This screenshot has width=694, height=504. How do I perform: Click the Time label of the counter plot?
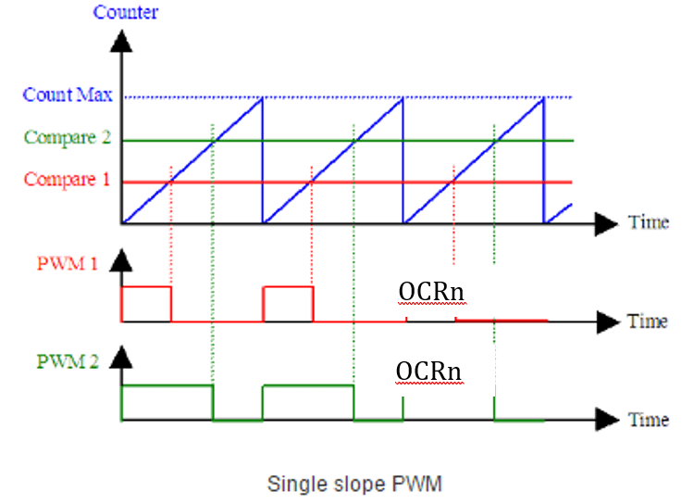[648, 222]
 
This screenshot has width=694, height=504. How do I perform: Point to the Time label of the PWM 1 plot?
[648, 321]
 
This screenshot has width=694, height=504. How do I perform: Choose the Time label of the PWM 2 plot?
[648, 420]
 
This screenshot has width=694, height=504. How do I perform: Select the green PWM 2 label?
[68, 361]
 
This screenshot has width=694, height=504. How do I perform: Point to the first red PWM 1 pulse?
[146, 304]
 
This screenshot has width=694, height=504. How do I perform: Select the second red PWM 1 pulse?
[289, 304]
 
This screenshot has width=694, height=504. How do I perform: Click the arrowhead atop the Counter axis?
[121, 41]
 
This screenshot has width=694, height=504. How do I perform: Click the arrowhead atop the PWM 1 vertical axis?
[121, 262]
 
